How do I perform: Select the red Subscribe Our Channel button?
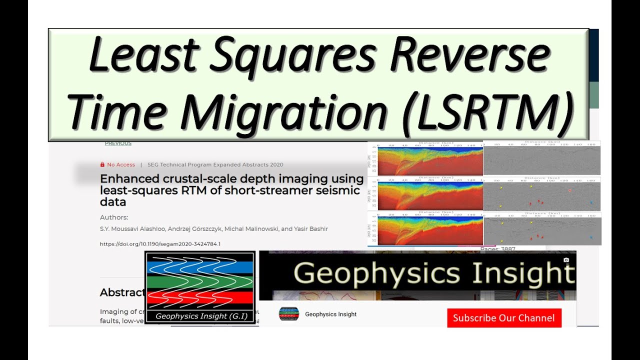tap(504, 318)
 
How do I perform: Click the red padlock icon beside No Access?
tap(102, 164)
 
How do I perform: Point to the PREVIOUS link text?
tap(118, 143)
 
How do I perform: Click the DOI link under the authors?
tap(160, 244)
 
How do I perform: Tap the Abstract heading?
tap(122, 292)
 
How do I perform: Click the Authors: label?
tap(114, 217)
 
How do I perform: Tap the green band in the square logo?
tap(200, 282)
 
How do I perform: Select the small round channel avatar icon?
tap(289, 314)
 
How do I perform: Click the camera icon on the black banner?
tap(566, 260)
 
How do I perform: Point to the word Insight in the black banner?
tap(523, 274)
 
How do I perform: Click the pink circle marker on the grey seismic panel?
tap(569, 191)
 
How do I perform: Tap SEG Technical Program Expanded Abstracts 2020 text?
tap(215, 164)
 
